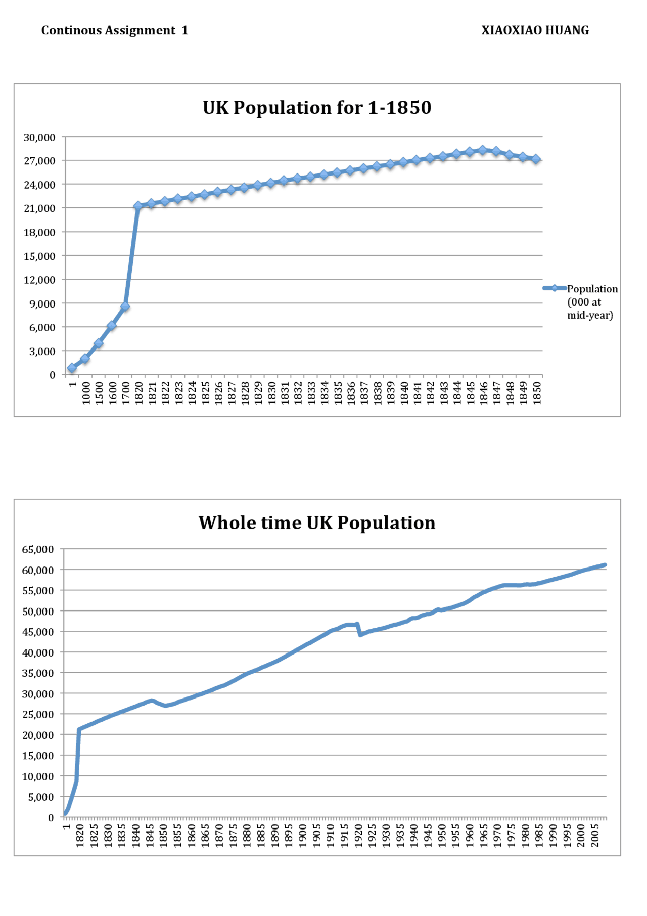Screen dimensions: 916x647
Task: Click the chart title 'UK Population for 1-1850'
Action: [x=317, y=108]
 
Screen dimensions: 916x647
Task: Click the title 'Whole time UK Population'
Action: [x=317, y=523]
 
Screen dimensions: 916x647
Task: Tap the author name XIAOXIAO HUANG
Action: [x=535, y=31]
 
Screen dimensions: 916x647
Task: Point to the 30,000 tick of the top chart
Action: [x=39, y=138]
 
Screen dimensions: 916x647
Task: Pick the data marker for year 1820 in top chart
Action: [x=138, y=206]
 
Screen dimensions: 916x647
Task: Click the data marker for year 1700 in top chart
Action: [x=125, y=307]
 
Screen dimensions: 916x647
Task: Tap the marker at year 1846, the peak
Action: [x=482, y=150]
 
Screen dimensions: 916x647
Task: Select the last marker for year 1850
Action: [x=536, y=159]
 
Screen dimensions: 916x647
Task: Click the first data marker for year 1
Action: [x=72, y=368]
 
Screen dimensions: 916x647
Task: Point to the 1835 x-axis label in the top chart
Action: [x=338, y=392]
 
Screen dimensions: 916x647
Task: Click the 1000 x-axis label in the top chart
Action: [x=86, y=392]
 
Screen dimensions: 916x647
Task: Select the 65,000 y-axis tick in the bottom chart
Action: [x=38, y=549]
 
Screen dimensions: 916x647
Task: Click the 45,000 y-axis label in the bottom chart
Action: [x=38, y=632]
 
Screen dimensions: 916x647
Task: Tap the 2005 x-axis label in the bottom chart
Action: [x=595, y=836]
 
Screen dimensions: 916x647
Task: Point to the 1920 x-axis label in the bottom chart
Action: [x=358, y=836]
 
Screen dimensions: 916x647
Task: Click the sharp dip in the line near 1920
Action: [x=360, y=634]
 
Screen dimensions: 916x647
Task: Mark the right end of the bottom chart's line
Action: [x=605, y=565]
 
